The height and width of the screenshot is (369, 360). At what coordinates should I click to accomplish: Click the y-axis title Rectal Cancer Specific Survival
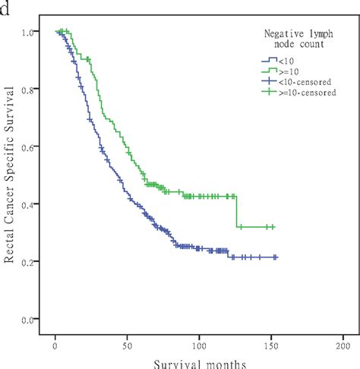(x=11, y=178)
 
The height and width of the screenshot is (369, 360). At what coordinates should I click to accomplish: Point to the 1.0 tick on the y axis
(x=28, y=33)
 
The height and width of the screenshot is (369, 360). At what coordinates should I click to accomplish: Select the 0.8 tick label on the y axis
(x=28, y=90)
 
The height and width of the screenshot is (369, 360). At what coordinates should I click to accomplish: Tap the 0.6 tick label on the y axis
(x=28, y=147)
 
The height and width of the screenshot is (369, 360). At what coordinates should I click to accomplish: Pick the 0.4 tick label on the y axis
(x=28, y=204)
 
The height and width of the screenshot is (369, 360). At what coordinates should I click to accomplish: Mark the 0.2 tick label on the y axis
(x=28, y=262)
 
